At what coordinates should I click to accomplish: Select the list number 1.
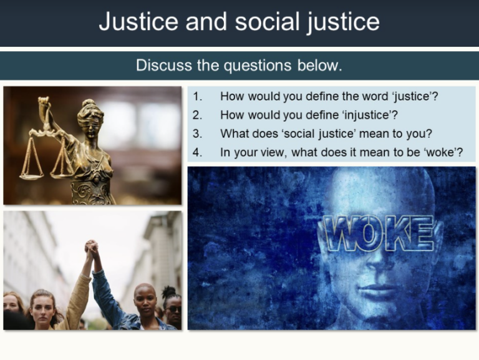[198, 97]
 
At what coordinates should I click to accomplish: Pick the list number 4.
[198, 152]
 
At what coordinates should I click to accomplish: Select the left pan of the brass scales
[31, 174]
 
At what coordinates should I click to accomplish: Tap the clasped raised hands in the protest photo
[91, 248]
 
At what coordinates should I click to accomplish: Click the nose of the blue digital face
[370, 268]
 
